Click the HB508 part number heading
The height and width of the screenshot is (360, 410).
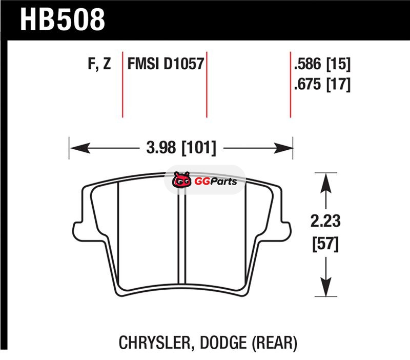tap(63, 19)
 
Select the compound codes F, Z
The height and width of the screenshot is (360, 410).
tap(99, 64)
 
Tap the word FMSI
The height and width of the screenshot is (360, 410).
tap(143, 64)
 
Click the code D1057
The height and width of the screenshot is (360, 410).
tap(184, 64)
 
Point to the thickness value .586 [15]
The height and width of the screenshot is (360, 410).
tap(322, 64)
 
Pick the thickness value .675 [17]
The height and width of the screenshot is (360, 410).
tap(322, 84)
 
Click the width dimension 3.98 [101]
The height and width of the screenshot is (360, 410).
tap(181, 148)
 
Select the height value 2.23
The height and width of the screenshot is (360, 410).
tap(325, 221)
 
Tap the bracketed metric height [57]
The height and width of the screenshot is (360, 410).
tap(325, 244)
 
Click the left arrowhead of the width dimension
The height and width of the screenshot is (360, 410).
tap(80, 148)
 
